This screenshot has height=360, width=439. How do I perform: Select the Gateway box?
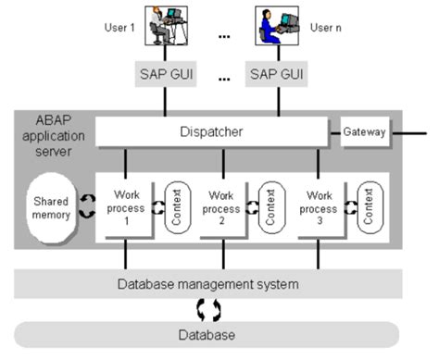pos(364,132)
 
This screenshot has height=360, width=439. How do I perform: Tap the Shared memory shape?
pos(54,208)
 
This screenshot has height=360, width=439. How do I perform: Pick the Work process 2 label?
pos(220,206)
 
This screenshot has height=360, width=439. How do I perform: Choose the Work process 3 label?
pos(317,206)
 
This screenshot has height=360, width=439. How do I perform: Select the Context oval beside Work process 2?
pos(269,207)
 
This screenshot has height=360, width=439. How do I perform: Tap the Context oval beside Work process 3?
pos(365,207)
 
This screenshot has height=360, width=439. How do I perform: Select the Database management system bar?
pos(206,282)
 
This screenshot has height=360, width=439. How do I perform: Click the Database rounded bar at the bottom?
pos(206,334)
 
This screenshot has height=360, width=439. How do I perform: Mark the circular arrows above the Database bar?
pos(209,307)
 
